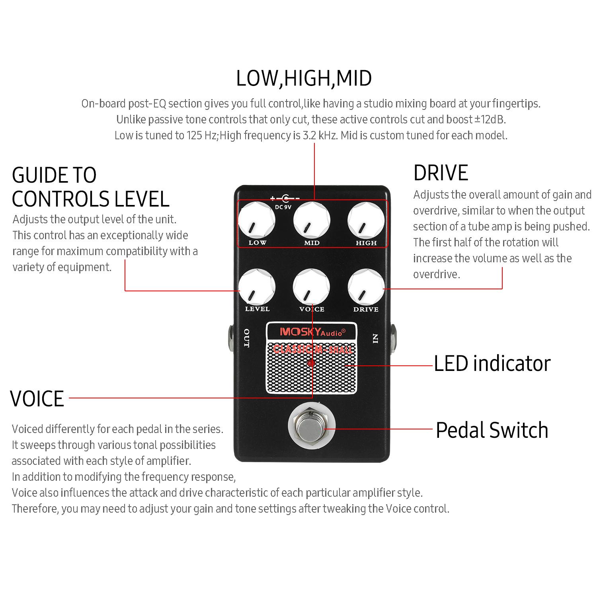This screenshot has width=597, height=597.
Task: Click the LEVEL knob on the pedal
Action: click(257, 287)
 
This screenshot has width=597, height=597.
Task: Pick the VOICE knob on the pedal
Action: click(312, 287)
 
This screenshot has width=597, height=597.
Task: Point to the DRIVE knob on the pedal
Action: click(366, 287)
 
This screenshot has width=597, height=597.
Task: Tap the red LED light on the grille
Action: click(311, 363)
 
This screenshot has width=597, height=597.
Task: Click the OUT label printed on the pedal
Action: click(247, 338)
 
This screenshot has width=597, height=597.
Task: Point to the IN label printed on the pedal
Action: click(375, 339)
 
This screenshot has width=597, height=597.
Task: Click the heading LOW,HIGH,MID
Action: click(304, 78)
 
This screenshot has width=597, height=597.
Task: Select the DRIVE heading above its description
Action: click(441, 173)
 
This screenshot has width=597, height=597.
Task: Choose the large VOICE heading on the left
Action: click(37, 399)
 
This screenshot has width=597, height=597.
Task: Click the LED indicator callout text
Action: click(492, 363)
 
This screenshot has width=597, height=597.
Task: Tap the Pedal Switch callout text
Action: click(492, 430)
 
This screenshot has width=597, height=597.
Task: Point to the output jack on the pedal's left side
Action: click(230, 336)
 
